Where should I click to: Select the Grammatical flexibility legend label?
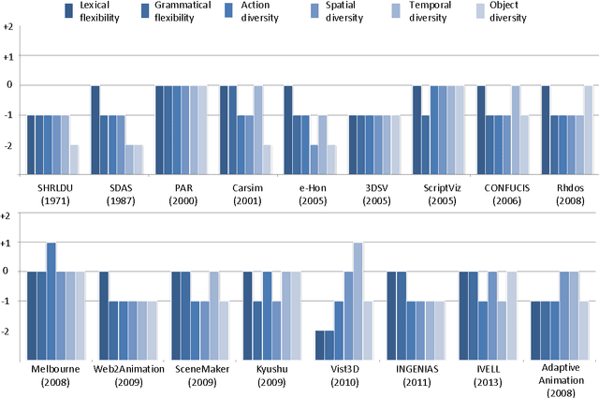(182, 11)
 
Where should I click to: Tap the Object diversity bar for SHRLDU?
(74, 159)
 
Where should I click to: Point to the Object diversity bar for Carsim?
(267, 159)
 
